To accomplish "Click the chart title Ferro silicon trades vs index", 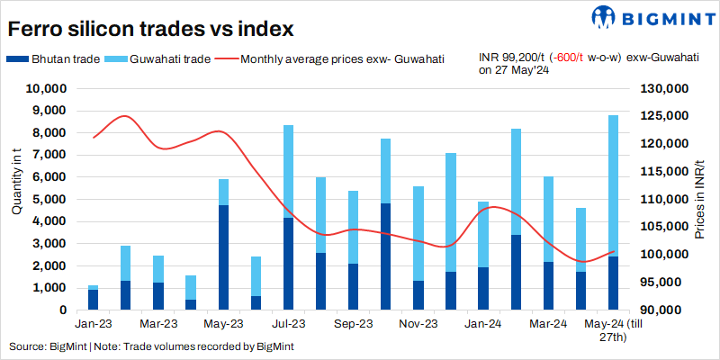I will [x=151, y=28].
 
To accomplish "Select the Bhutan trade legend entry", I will [x=63, y=59].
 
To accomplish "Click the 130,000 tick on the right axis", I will [x=664, y=89].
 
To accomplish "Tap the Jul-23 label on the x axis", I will [x=288, y=323].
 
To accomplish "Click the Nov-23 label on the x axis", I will [x=418, y=323].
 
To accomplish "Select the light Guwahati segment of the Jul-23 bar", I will [x=288, y=171].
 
